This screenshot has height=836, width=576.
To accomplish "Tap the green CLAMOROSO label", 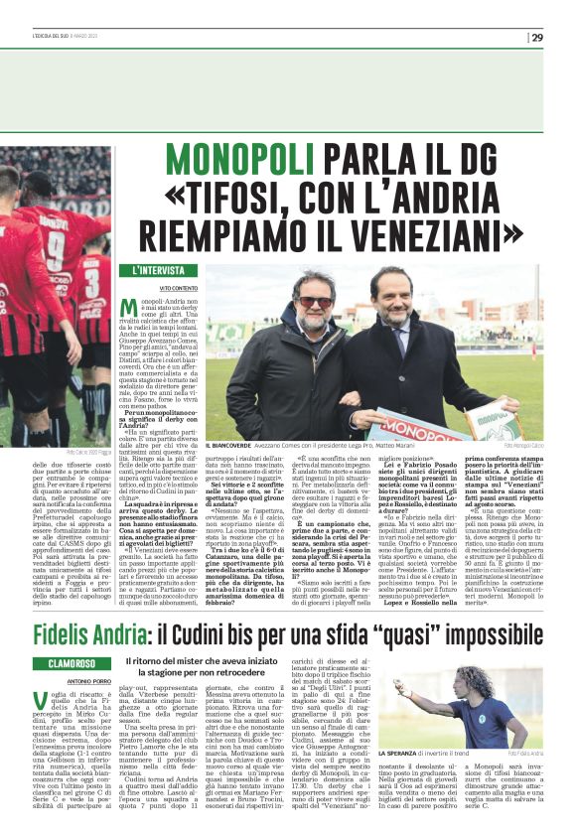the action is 83,635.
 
